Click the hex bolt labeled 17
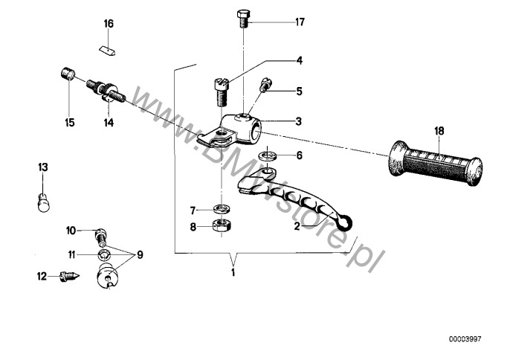click(x=242, y=19)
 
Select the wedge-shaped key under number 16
click(x=108, y=51)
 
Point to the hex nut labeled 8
click(x=222, y=225)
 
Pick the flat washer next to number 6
click(x=268, y=155)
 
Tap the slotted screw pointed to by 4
click(x=222, y=92)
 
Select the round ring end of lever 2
click(x=346, y=223)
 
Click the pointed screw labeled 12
click(x=69, y=277)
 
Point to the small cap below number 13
click(x=44, y=202)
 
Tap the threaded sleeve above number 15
click(x=68, y=74)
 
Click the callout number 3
click(x=299, y=121)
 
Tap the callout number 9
click(x=140, y=254)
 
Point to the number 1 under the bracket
click(x=233, y=272)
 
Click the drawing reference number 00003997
click(x=465, y=339)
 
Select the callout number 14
click(x=109, y=123)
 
